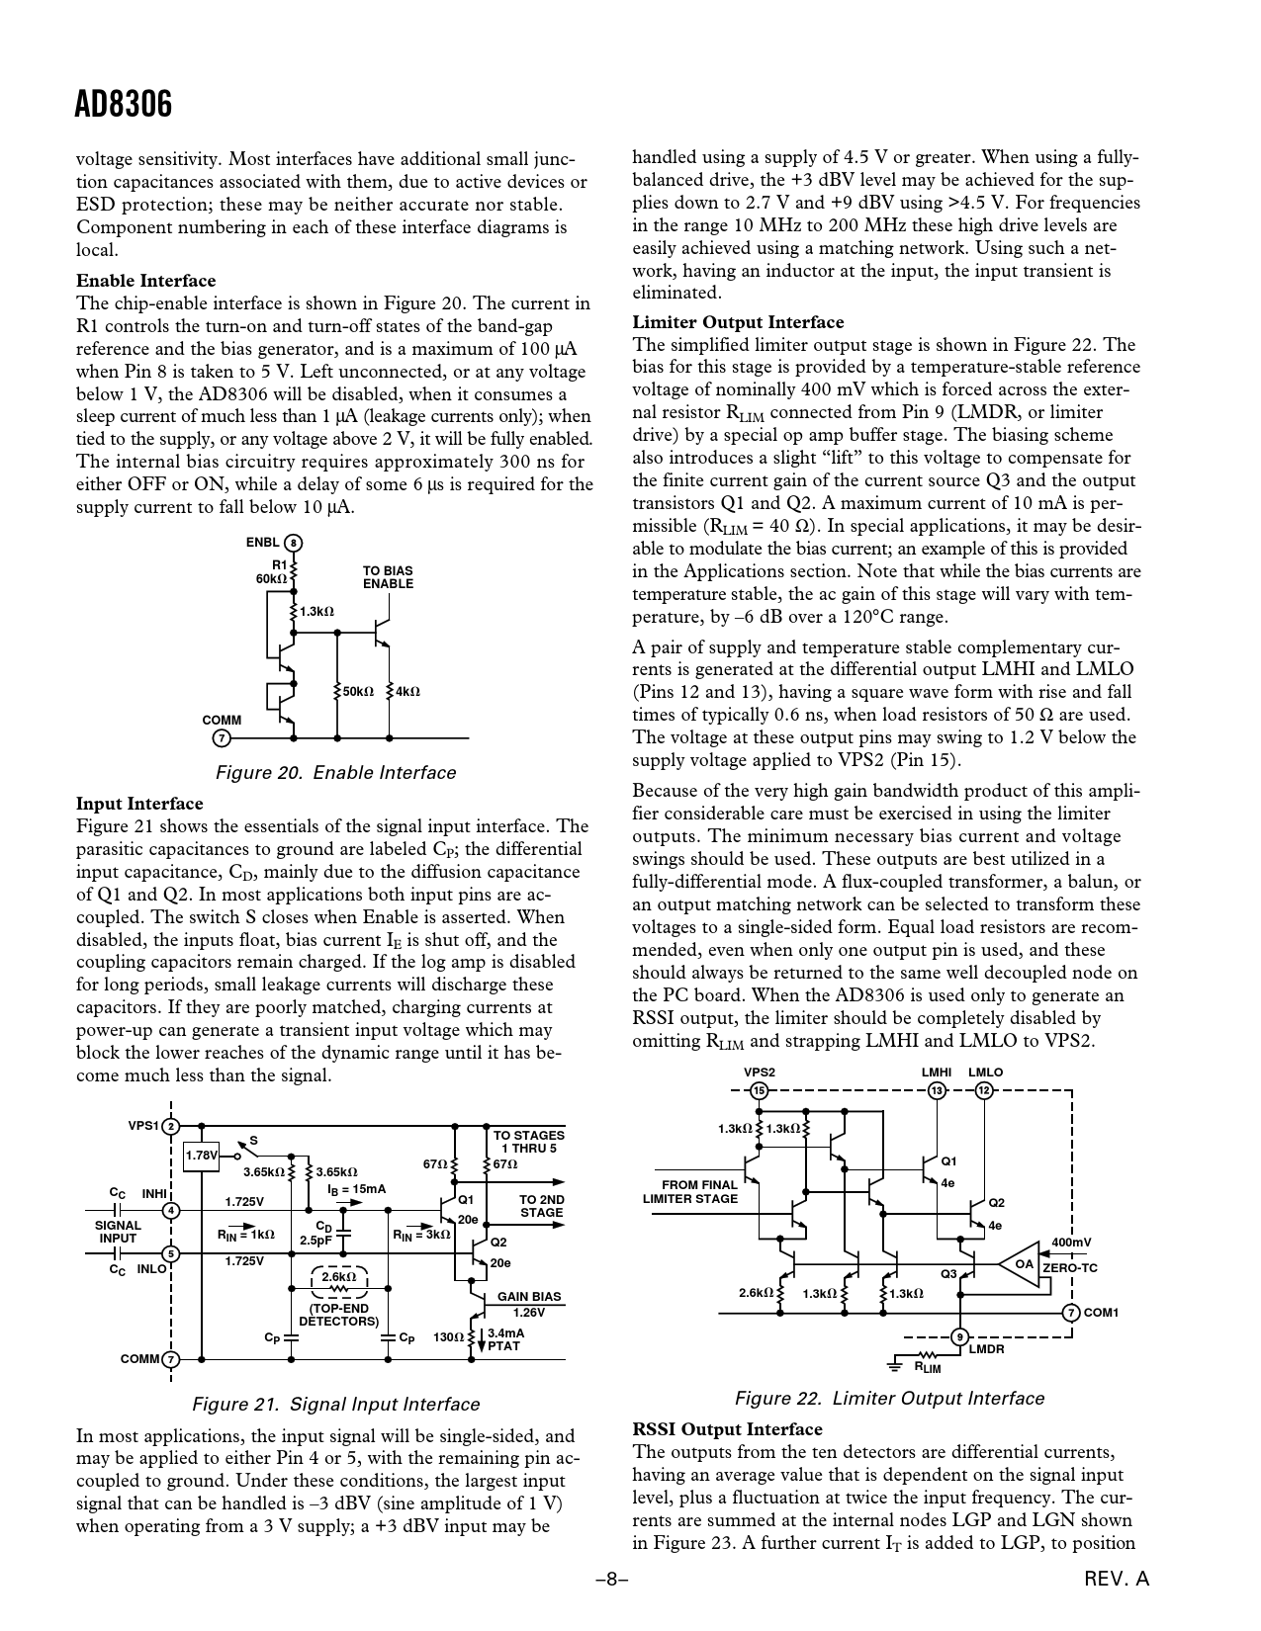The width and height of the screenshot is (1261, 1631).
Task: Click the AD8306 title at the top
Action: [124, 103]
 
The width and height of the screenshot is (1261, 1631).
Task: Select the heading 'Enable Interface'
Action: [145, 281]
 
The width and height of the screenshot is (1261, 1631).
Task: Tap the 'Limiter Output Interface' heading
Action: [738, 322]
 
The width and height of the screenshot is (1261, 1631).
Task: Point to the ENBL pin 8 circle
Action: [293, 543]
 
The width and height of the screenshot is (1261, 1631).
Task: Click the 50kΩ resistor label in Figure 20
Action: [357, 692]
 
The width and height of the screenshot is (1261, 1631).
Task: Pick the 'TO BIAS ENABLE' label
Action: [388, 577]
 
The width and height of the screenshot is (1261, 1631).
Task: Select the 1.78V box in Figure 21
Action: [202, 1155]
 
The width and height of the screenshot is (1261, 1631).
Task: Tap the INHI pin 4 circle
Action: [171, 1210]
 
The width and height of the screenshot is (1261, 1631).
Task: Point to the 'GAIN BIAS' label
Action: [528, 1297]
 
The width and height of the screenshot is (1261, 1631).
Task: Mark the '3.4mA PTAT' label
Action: [505, 1339]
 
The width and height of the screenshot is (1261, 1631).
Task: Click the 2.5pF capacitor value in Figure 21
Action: [316, 1241]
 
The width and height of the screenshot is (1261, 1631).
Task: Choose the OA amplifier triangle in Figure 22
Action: [1025, 1264]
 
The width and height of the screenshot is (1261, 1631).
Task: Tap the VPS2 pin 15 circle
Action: [759, 1090]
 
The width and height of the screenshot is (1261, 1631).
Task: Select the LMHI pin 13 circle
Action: [936, 1090]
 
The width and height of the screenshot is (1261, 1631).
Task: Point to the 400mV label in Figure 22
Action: [1071, 1243]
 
